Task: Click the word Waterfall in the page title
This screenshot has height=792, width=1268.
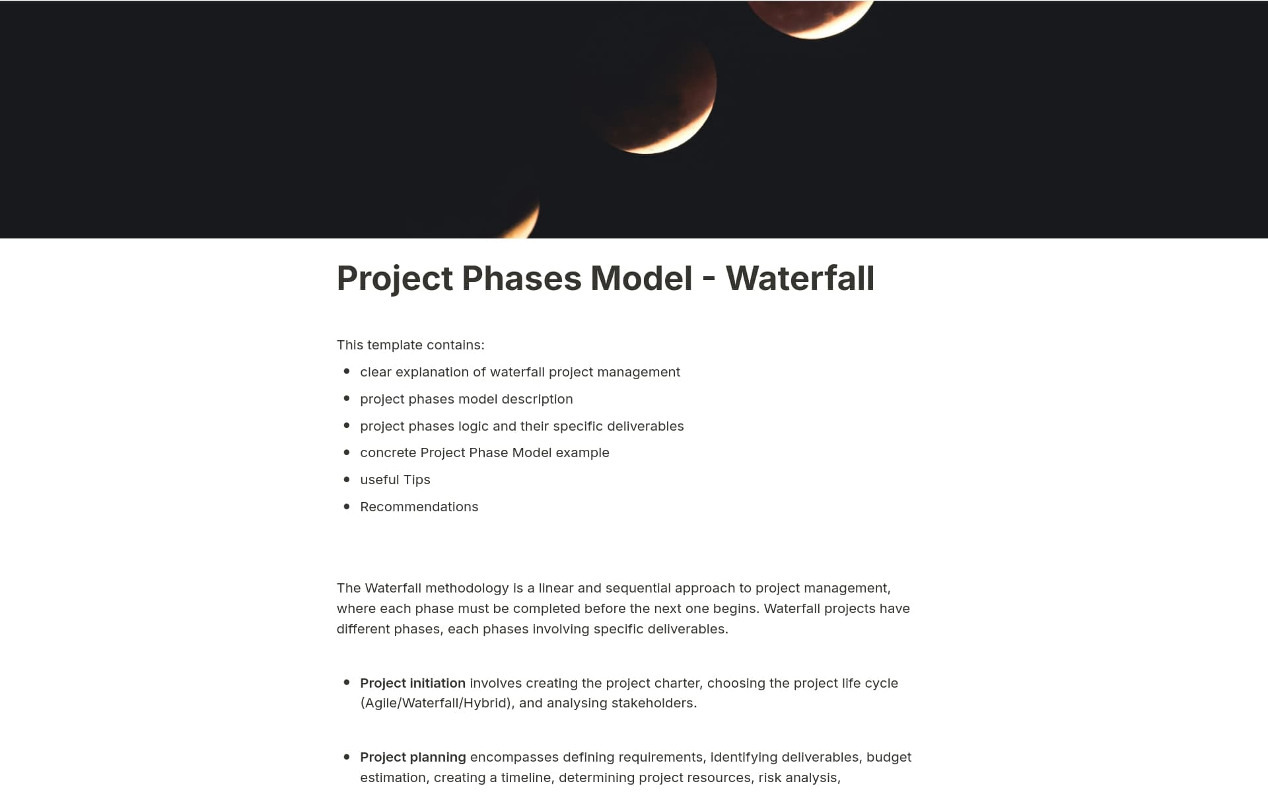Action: pyautogui.click(x=800, y=278)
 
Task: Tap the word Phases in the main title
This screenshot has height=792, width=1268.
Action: pyautogui.click(x=520, y=278)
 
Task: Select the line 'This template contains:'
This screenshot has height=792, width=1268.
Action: pyautogui.click(x=410, y=345)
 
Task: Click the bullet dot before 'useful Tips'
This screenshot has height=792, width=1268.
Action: pyautogui.click(x=347, y=479)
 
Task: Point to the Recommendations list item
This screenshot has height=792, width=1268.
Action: pyautogui.click(x=419, y=507)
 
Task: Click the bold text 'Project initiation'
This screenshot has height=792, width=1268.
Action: pyautogui.click(x=413, y=683)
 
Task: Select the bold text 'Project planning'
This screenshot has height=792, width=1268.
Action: pyautogui.click(x=413, y=757)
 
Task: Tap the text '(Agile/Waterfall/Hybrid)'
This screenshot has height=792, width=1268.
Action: pyautogui.click(x=437, y=703)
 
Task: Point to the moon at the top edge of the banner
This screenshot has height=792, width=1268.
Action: pyautogui.click(x=811, y=17)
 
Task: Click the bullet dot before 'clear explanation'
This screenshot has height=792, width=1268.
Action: pyautogui.click(x=347, y=371)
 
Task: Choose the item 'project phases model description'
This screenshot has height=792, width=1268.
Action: pyautogui.click(x=466, y=399)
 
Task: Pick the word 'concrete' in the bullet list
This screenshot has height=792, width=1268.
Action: pyautogui.click(x=388, y=452)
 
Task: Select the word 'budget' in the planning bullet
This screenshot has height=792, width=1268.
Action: pyautogui.click(x=888, y=757)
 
